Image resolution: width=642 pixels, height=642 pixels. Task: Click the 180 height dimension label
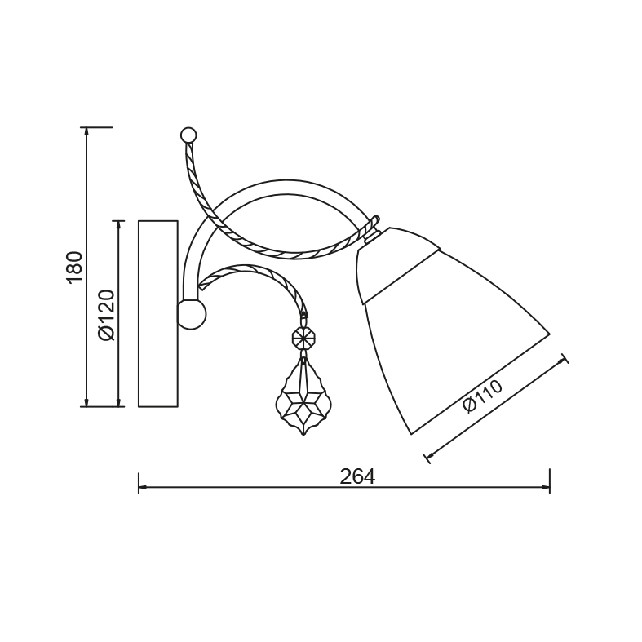coord(74,268)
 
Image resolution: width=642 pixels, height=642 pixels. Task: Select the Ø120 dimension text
coord(107,315)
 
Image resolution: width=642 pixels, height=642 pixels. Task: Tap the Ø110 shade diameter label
coord(482,396)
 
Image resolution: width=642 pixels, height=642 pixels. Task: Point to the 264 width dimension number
coord(357,476)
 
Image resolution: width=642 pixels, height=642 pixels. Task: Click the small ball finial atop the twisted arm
coord(188,135)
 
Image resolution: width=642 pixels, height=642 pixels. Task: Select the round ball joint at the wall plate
coord(192,314)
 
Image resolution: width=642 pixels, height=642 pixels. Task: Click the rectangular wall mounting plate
coord(158,313)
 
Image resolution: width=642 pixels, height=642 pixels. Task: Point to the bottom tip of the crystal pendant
coord(303,435)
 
